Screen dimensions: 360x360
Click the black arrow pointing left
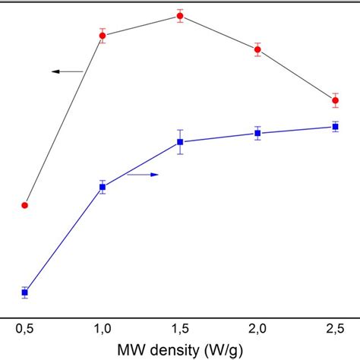[x=67, y=71]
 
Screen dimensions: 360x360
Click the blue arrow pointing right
[x=143, y=175]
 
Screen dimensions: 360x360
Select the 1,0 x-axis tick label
[x=103, y=328]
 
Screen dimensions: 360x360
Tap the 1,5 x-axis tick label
[x=180, y=328]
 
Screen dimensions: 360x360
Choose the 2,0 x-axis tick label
[x=257, y=328]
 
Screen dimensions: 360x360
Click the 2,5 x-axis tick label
[x=335, y=328]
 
